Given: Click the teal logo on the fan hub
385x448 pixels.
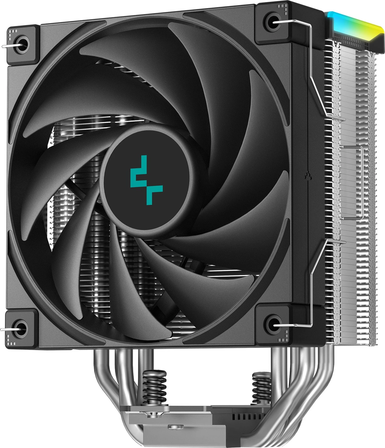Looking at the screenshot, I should click(147, 180).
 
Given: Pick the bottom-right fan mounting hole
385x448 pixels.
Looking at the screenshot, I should click(271, 323).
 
